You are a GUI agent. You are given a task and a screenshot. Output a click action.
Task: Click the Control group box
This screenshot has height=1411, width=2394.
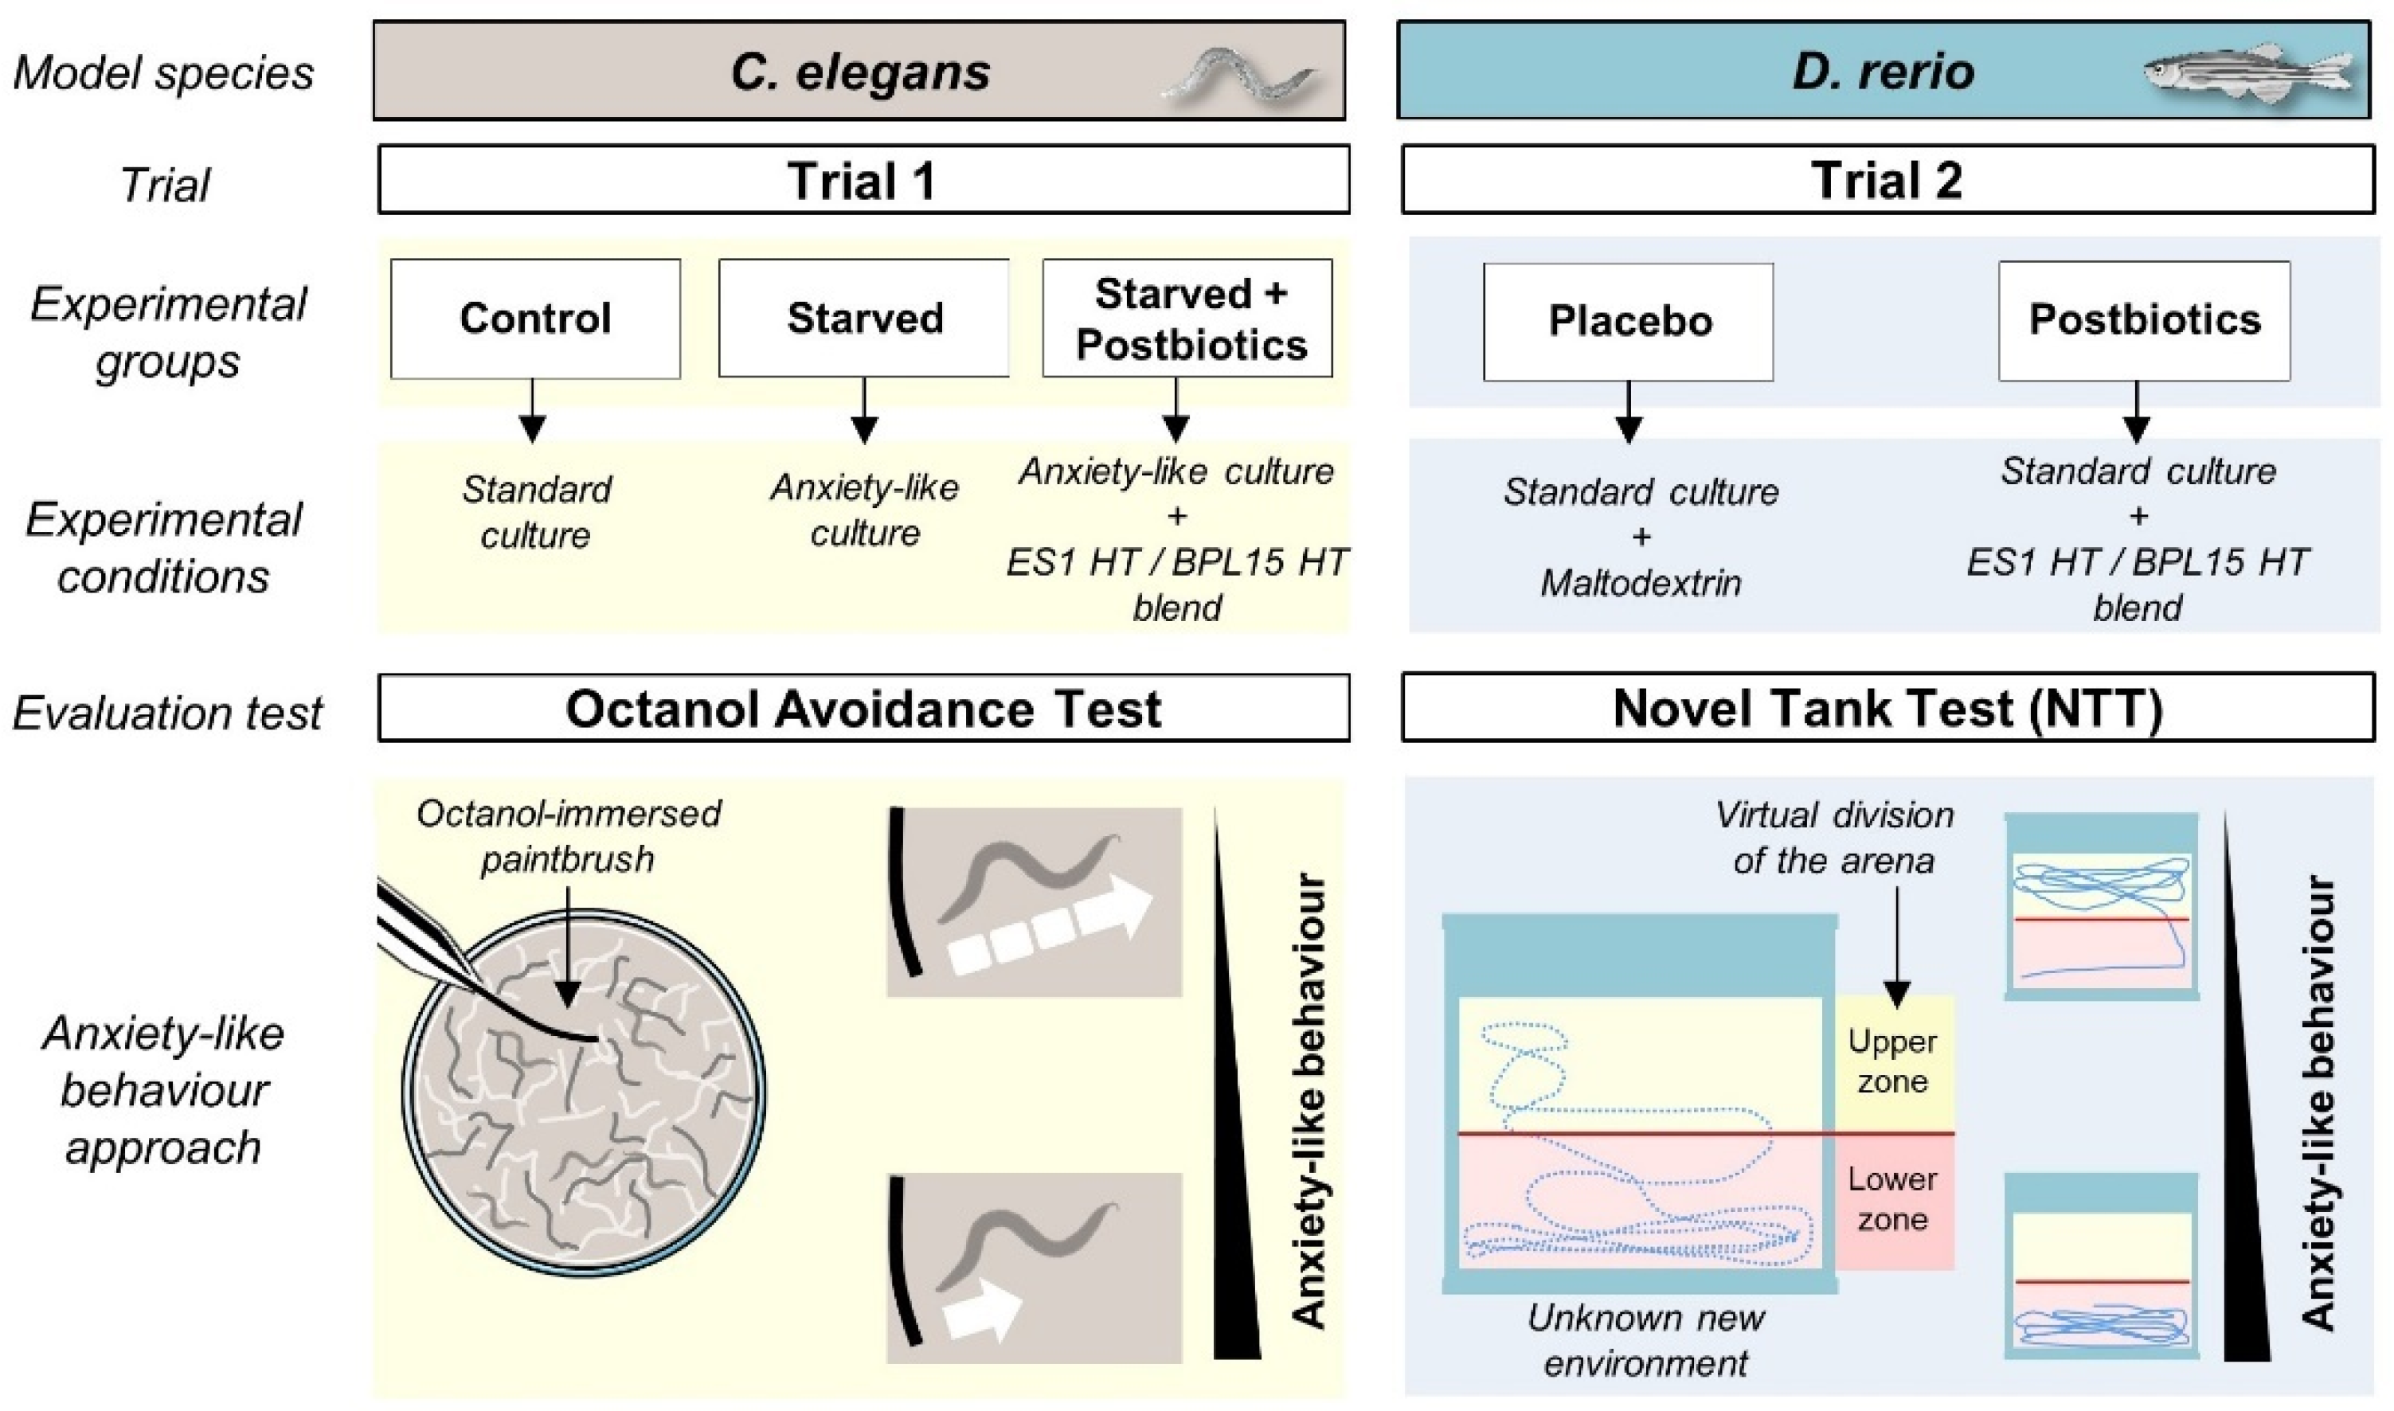pyautogui.click(x=535, y=319)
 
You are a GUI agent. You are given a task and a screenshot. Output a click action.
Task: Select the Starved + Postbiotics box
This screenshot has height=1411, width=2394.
pyautogui.click(x=1187, y=319)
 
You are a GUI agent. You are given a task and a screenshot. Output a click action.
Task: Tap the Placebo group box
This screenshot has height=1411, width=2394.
pyautogui.click(x=1629, y=322)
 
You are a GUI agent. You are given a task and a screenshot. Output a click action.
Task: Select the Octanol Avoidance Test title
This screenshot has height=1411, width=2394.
pyautogui.click(x=863, y=709)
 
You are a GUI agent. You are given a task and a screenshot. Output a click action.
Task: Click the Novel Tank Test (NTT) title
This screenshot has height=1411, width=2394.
pyautogui.click(x=1888, y=709)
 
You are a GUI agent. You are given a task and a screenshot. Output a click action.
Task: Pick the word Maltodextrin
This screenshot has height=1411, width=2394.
pyautogui.click(x=1641, y=582)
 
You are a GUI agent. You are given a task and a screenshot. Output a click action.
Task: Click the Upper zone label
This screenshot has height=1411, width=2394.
pyautogui.click(x=1892, y=1061)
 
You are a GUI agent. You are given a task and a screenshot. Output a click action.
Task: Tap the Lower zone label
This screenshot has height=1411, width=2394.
pyautogui.click(x=1892, y=1199)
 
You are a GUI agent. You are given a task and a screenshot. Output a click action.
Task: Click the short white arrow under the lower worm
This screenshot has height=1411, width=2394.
pyautogui.click(x=982, y=1310)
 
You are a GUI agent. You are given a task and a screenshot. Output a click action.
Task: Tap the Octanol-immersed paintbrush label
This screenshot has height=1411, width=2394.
pyautogui.click(x=569, y=836)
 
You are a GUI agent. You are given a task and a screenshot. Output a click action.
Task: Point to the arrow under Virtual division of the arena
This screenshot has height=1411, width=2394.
pyautogui.click(x=1897, y=947)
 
